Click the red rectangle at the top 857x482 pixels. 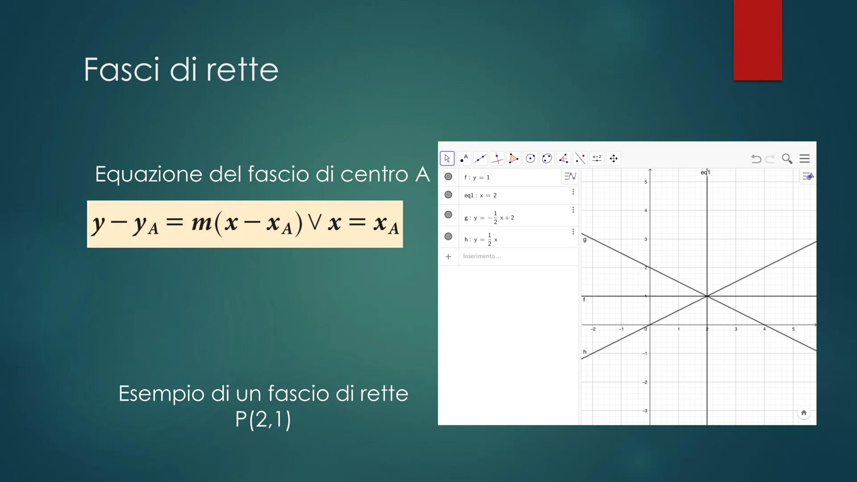pyautogui.click(x=757, y=40)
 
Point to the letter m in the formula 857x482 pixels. pyautogui.click(x=201, y=223)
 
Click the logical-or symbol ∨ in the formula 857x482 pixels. pyautogui.click(x=314, y=222)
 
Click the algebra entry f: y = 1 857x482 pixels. pyautogui.click(x=477, y=178)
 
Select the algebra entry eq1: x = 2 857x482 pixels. pyautogui.click(x=480, y=195)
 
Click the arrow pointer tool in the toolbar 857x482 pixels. pyautogui.click(x=447, y=158)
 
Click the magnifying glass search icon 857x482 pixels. pyautogui.click(x=787, y=158)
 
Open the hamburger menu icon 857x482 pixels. pyautogui.click(x=805, y=158)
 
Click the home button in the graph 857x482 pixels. pyautogui.click(x=804, y=413)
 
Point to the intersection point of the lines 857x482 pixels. pyautogui.click(x=707, y=296)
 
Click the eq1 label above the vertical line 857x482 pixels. pyautogui.click(x=705, y=172)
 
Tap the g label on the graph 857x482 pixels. pyautogui.click(x=585, y=240)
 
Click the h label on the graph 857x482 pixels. pyautogui.click(x=585, y=352)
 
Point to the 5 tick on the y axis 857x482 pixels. pyautogui.click(x=645, y=182)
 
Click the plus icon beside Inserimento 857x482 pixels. pyautogui.click(x=448, y=257)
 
